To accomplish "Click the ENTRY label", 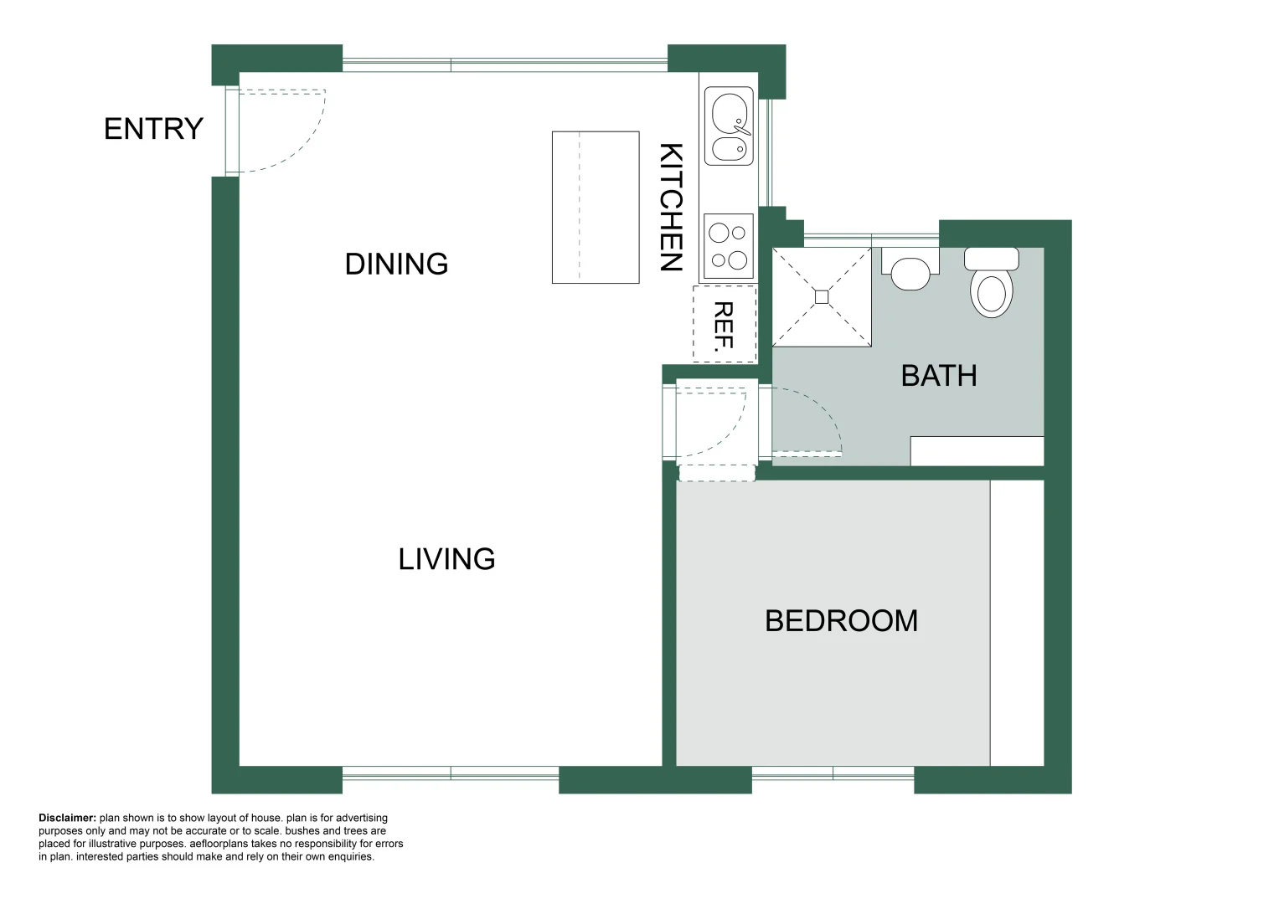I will tap(153, 129).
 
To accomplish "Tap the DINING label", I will tap(396, 265).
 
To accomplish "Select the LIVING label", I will tap(446, 559).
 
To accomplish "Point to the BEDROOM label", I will tap(841, 621).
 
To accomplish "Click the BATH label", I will tap(938, 376).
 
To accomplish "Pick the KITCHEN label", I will tap(671, 207).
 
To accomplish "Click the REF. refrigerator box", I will tap(725, 325).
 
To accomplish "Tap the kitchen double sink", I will tap(729, 126).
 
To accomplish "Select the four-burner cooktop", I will tap(729, 246).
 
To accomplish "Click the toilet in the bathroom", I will tap(991, 284).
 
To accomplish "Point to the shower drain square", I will tap(822, 297).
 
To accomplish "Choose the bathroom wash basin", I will tap(910, 271).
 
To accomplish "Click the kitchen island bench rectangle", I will tap(596, 208).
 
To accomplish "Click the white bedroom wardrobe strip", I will tap(1017, 623).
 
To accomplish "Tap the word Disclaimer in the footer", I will tap(67, 818).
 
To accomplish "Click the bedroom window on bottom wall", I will tap(833, 773).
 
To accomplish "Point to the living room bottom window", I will tap(451, 773).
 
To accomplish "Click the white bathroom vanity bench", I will tap(977, 451).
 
